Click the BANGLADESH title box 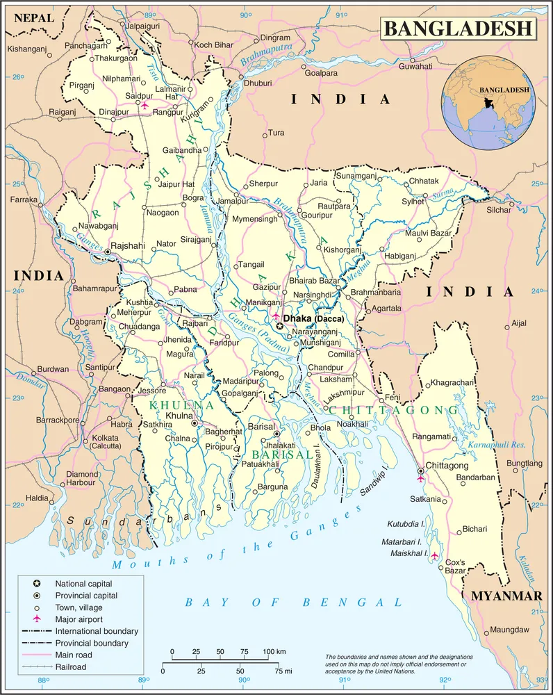click(x=458, y=28)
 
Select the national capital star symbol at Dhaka click(x=280, y=326)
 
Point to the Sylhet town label click(x=413, y=201)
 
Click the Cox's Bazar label click(x=455, y=566)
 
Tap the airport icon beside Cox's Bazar click(x=435, y=555)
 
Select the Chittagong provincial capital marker click(x=420, y=471)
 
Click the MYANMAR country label click(x=506, y=596)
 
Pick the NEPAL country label click(x=33, y=18)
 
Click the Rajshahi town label click(x=128, y=245)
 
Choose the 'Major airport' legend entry click(x=79, y=619)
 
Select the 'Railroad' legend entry click(x=71, y=667)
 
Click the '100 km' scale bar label click(x=274, y=651)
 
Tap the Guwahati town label click(x=415, y=66)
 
